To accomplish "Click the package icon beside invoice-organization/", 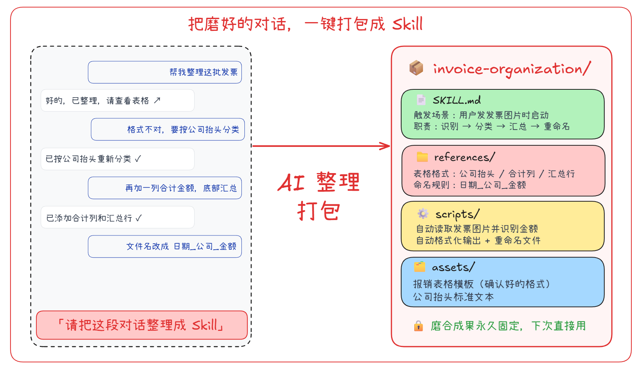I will coord(416,68).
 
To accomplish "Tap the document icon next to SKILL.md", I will coord(421,100).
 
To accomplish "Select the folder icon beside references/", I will coord(422,157).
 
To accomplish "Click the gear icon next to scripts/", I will coord(423,214).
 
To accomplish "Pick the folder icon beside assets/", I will coord(420,267).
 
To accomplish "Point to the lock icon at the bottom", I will coord(418,326).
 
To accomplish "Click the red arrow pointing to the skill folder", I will coord(321,146).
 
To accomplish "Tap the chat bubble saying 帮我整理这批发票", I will coord(165,72).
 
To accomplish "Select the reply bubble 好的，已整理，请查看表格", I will coord(117,101).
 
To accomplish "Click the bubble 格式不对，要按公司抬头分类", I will coord(168,130).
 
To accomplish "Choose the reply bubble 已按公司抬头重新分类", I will coord(117,159).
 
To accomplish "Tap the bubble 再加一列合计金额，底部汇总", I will coord(165,188).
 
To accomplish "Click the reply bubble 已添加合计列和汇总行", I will coord(117,217).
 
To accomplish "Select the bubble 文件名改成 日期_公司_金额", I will coord(165,246).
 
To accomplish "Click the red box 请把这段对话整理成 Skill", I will coord(142,325).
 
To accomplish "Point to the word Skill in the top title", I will coord(407,24).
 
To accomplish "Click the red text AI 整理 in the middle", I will coord(319,182).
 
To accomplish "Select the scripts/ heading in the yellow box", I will coord(457,214).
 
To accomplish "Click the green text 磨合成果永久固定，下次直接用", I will coord(508,326).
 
